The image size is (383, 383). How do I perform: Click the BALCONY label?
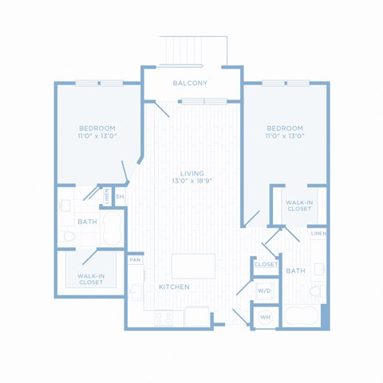(190, 83)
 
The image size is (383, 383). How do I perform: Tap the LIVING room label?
(192, 173)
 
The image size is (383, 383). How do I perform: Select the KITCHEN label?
(174, 286)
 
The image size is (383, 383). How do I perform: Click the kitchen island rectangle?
(193, 267)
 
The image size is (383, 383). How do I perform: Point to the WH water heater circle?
(265, 317)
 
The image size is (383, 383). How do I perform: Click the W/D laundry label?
(264, 290)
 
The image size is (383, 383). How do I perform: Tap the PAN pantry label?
(135, 259)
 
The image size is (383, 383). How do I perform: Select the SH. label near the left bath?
(120, 196)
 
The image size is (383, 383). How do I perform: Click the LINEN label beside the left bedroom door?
(107, 196)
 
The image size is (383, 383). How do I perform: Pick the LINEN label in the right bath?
(318, 234)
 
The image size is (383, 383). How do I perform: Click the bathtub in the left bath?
(113, 228)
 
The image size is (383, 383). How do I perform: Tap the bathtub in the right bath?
(301, 316)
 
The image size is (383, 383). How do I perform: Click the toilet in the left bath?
(68, 236)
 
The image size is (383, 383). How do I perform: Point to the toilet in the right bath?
(317, 291)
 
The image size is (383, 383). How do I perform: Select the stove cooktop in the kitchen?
(164, 318)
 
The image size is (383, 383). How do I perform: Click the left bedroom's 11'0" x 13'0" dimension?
(98, 136)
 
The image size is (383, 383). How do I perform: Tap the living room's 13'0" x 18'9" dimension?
(192, 181)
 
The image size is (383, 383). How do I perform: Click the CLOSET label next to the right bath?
(266, 264)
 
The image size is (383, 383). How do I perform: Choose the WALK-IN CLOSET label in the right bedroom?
(299, 206)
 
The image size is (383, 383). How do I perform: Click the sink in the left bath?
(65, 206)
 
